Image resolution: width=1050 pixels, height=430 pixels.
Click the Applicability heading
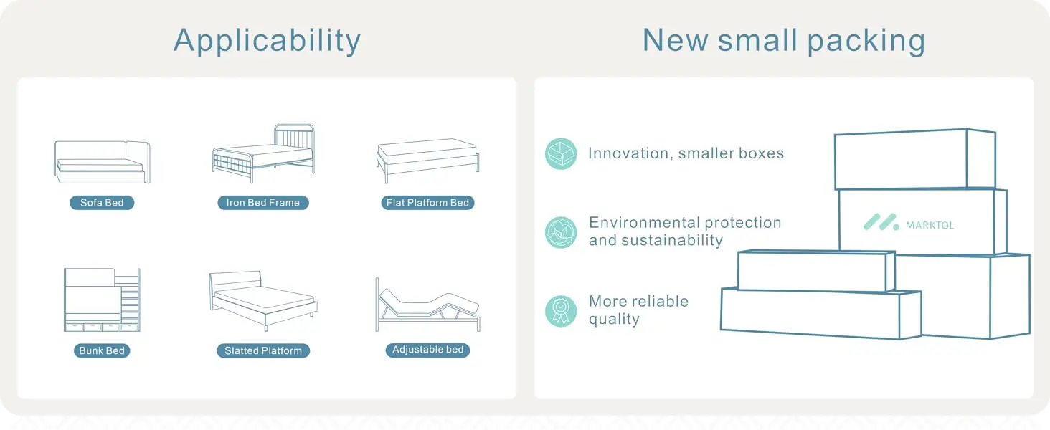[x=268, y=42]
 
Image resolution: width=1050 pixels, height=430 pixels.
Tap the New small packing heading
[x=784, y=42]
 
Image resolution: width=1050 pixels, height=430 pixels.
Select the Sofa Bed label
[x=102, y=203]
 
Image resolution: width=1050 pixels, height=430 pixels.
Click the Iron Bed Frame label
[x=263, y=203]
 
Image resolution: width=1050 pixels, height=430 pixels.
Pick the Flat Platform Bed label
[x=427, y=203]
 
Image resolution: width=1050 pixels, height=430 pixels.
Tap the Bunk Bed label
[x=102, y=351]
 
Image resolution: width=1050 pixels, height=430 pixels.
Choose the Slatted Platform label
[x=263, y=351]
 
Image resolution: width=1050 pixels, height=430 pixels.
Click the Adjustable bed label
[x=427, y=350]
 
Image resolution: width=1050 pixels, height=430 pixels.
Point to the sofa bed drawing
[x=102, y=162]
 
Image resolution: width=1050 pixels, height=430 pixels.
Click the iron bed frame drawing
[x=263, y=153]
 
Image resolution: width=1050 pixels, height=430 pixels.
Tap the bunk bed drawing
[x=102, y=300]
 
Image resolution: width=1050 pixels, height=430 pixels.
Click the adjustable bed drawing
[x=427, y=305]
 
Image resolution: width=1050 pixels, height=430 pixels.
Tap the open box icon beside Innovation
[x=561, y=153]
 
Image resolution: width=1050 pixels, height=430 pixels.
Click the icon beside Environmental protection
[x=561, y=232]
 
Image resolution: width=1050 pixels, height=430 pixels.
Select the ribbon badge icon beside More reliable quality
[x=561, y=311]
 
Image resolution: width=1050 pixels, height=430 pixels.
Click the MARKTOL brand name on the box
[x=930, y=226]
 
